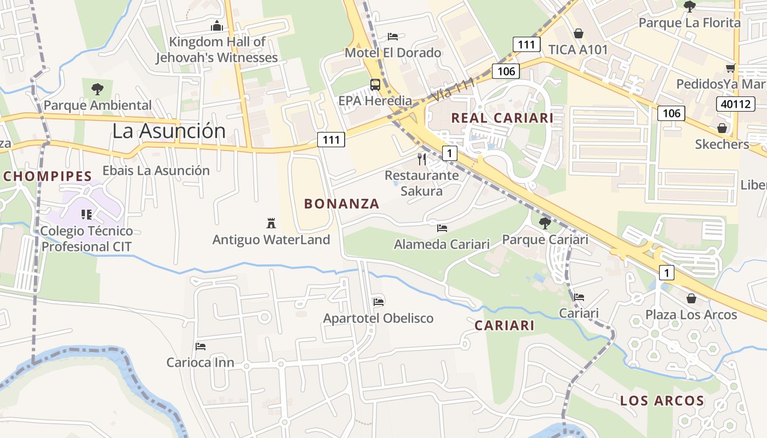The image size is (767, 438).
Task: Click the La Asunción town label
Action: click(169, 131)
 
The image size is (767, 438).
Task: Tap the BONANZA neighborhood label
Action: click(342, 204)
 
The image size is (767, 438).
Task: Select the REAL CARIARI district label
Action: click(502, 118)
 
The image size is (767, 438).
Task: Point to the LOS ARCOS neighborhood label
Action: click(662, 401)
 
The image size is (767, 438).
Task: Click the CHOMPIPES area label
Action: click(47, 176)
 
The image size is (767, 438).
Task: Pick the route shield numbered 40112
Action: click(735, 103)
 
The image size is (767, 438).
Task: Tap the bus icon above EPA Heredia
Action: click(375, 85)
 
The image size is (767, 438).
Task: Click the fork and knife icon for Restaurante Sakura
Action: click(422, 159)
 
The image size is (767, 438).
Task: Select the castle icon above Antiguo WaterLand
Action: click(271, 223)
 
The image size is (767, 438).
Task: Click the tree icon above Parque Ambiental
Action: click(98, 88)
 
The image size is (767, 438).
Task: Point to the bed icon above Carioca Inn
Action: click(201, 347)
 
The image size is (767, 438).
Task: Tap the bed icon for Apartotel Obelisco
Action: click(378, 302)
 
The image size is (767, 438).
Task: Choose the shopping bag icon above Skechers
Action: click(722, 128)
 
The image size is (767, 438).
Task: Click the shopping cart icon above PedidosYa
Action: click(730, 68)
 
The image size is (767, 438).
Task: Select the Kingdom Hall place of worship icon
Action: click(217, 26)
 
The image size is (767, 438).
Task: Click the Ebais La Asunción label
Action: click(156, 170)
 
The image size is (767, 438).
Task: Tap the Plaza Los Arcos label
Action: click(691, 315)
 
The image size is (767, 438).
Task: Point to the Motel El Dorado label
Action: click(393, 53)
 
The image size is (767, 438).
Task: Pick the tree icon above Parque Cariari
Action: click(545, 223)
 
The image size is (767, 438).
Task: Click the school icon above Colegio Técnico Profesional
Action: click(86, 214)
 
